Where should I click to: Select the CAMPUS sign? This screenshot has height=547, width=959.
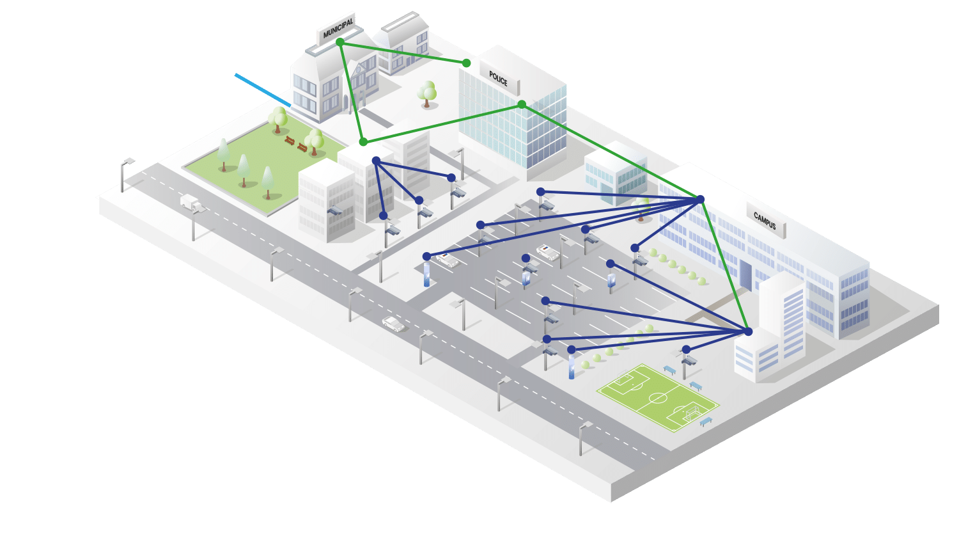click(765, 221)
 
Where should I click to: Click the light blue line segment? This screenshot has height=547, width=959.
click(263, 90)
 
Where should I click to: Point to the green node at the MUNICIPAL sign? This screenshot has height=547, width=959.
click(340, 42)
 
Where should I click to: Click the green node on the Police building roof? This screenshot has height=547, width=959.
click(522, 104)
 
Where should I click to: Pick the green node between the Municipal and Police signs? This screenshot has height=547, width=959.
click(466, 63)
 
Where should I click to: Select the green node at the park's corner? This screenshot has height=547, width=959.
click(363, 141)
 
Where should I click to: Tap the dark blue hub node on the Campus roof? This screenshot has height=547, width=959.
click(700, 200)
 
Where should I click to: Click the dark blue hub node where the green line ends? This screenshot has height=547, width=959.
click(748, 331)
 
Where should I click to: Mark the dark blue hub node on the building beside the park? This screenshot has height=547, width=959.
click(376, 160)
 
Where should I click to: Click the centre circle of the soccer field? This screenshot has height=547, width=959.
click(658, 398)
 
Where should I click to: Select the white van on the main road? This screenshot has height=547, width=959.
click(191, 202)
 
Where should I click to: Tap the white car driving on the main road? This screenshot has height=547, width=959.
click(393, 324)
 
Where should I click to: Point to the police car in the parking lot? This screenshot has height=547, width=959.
click(548, 252)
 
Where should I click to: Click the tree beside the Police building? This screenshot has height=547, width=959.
click(427, 93)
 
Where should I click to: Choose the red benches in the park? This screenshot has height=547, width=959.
click(295, 144)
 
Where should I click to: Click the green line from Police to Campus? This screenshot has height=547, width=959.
click(611, 152)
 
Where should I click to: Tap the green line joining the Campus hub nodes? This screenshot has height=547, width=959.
click(724, 265)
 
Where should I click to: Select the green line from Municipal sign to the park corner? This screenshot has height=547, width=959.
click(352, 91)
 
